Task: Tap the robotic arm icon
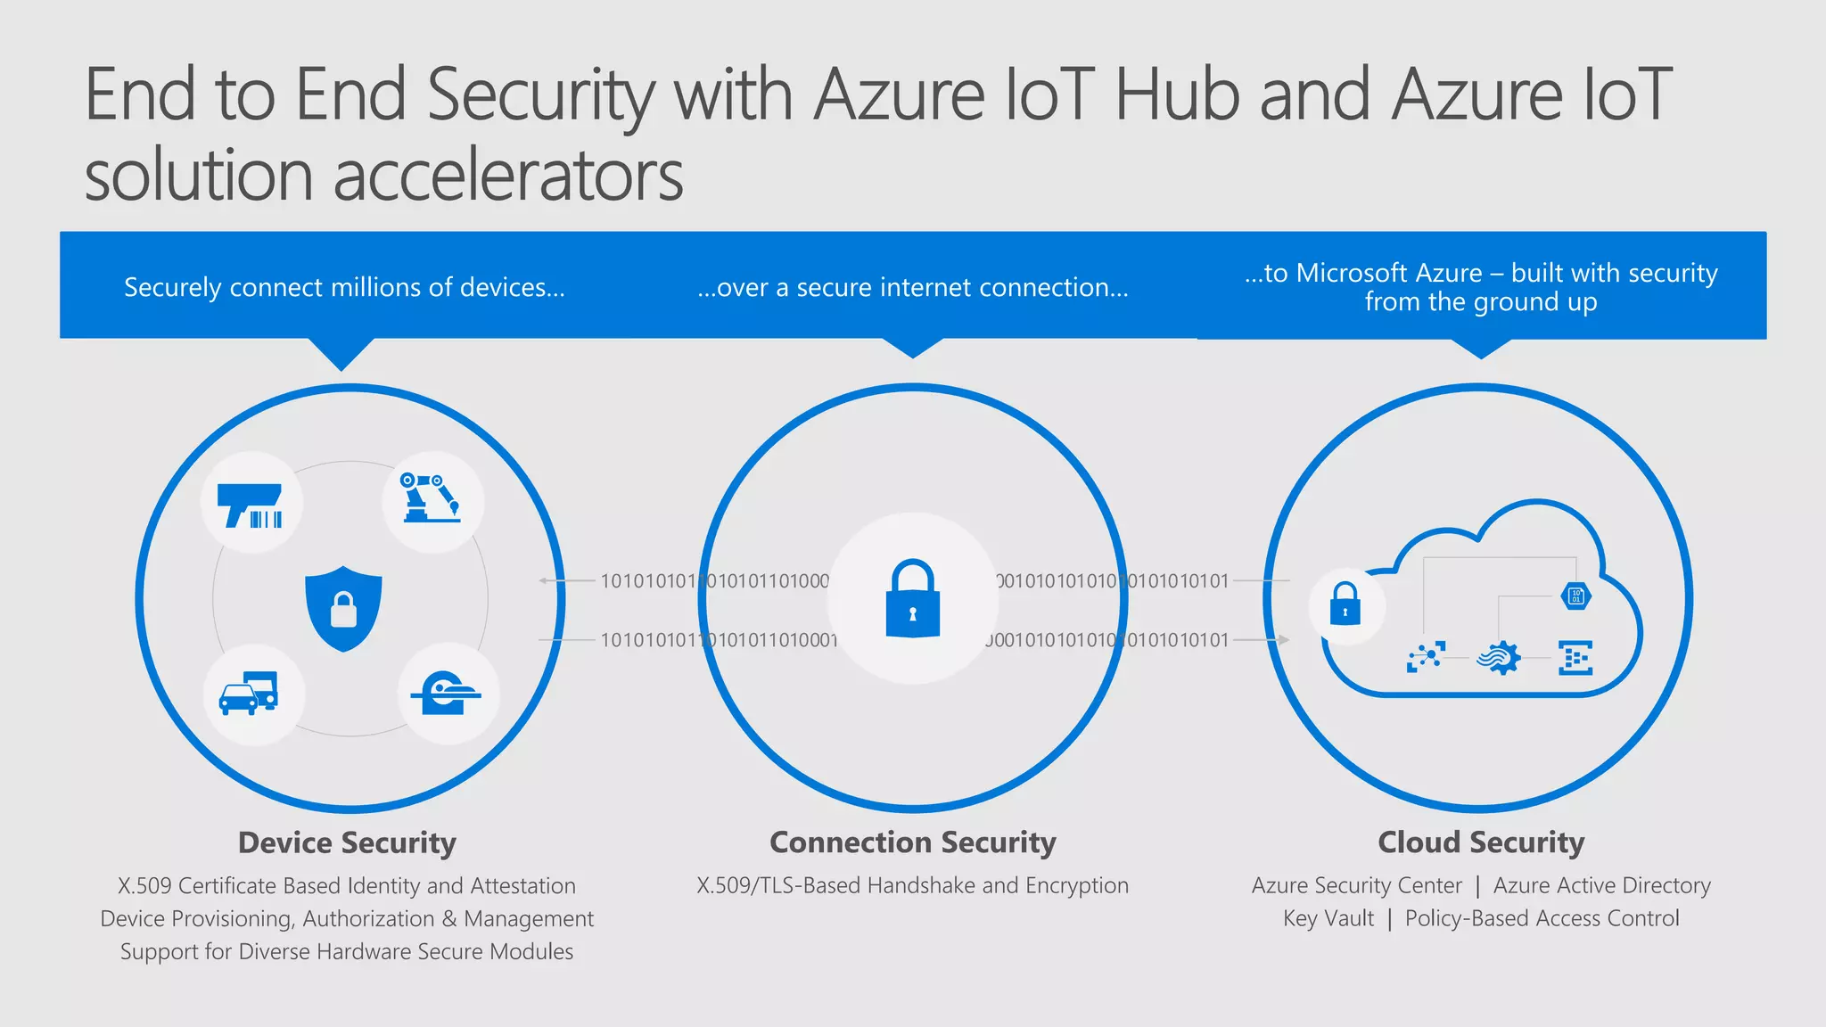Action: (432, 499)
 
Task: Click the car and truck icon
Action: (249, 694)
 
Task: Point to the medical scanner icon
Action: (445, 694)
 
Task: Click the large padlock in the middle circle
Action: (912, 599)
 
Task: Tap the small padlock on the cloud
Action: (1345, 604)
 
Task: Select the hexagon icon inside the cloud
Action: (1575, 596)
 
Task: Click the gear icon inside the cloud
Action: (1499, 658)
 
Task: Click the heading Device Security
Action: (347, 842)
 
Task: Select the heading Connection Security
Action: (912, 842)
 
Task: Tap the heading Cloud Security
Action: (1481, 842)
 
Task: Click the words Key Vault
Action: (1328, 918)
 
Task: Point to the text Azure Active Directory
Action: (1602, 885)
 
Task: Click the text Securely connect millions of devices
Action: (344, 287)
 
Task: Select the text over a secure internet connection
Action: (912, 287)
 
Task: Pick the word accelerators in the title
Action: (508, 175)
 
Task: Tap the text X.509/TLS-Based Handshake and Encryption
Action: (912, 885)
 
